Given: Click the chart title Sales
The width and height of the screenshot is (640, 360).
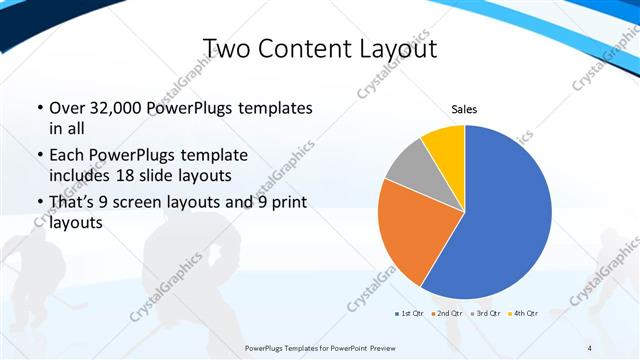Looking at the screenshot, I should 464,109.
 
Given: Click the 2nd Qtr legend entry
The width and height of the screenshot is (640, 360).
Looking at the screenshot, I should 447,314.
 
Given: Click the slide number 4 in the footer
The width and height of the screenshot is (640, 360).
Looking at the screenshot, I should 590,348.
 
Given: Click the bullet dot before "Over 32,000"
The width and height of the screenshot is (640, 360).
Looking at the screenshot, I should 39,108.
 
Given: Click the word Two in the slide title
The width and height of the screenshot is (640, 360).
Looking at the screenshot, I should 226,49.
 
